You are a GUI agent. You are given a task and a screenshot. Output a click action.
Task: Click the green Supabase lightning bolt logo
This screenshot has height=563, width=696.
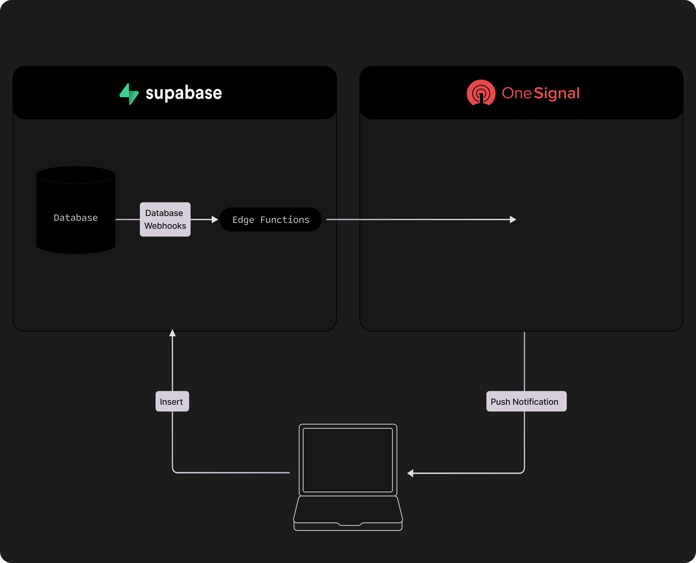tap(129, 94)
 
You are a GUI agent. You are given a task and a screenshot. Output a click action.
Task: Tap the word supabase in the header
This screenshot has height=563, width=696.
tap(184, 93)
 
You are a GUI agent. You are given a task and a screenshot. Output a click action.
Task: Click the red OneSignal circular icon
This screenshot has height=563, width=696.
tap(481, 93)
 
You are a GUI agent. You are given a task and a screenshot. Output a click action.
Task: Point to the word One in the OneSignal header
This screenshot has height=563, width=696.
tap(517, 93)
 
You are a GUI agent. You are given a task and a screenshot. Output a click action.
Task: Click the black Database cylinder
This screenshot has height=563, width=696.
tap(76, 210)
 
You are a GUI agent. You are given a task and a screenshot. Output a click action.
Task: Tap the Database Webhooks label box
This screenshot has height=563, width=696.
tap(165, 220)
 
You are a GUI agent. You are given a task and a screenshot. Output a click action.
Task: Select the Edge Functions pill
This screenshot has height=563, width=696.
tap(271, 220)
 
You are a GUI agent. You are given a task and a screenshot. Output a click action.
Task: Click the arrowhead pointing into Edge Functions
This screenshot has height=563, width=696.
tap(215, 220)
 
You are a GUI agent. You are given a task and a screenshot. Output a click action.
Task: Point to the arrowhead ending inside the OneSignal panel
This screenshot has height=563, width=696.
tap(513, 220)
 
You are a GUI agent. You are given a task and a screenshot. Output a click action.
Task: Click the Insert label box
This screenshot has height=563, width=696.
tap(172, 402)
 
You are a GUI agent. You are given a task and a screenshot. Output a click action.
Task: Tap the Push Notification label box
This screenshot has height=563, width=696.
tap(526, 402)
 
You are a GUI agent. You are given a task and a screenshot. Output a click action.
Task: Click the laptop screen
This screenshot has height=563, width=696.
tap(348, 460)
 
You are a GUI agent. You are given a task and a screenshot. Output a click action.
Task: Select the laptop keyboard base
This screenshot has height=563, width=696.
tap(348, 513)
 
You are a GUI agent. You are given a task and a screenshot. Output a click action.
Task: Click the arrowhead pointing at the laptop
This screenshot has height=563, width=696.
tap(410, 473)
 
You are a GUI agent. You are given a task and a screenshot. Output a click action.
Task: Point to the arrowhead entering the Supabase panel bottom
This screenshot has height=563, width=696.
tap(172, 333)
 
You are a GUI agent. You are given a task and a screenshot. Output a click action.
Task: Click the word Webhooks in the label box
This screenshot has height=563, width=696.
tap(165, 226)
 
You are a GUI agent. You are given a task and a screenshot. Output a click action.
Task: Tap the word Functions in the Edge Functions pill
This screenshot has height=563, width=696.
tap(285, 220)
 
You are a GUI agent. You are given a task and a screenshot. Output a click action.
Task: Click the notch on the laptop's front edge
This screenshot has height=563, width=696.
tap(350, 524)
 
